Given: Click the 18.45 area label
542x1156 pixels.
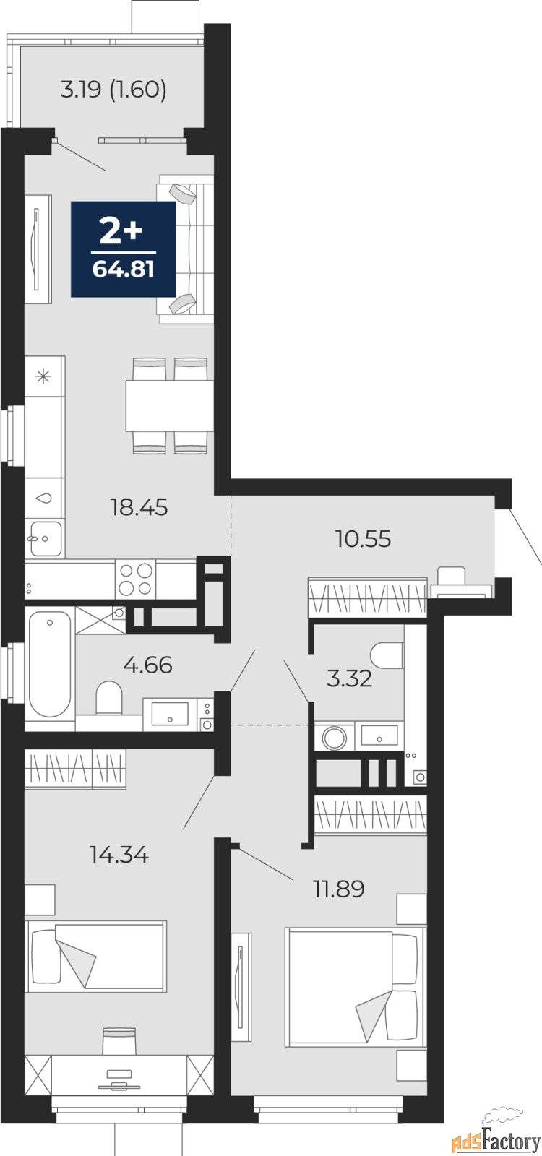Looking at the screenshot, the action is tap(139, 507).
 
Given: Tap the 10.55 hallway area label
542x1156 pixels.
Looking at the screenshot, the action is tap(364, 539).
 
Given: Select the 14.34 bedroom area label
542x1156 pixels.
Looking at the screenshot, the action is tap(119, 855).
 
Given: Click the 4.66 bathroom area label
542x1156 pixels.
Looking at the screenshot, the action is tap(147, 665).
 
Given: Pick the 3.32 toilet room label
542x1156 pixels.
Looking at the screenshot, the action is tap(350, 678).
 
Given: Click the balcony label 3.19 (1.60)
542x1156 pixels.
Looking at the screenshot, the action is tap(113, 90).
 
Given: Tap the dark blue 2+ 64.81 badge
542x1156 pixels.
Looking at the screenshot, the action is tap(124, 249).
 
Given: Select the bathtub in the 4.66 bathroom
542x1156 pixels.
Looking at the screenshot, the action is tap(49, 664).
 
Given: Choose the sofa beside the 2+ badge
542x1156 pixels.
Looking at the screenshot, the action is tap(185, 249).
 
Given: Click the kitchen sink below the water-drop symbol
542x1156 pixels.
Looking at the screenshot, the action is tap(46, 538).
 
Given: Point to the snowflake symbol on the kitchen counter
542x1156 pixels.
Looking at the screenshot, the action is tap(43, 376).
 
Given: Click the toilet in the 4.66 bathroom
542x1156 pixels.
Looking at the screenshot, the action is tap(109, 697).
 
